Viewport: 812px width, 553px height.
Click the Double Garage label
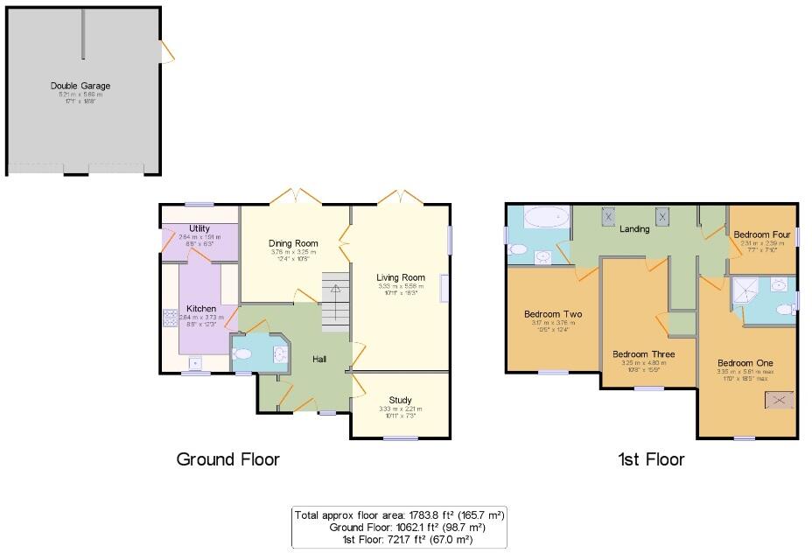click(80, 86)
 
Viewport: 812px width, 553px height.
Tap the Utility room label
click(199, 228)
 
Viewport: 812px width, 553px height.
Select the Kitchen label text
click(200, 308)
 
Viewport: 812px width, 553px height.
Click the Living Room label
click(401, 277)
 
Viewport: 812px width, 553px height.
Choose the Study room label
click(400, 400)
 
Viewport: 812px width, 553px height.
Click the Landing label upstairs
click(634, 229)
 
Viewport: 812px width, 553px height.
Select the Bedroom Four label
click(762, 234)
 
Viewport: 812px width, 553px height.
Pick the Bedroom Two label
click(553, 314)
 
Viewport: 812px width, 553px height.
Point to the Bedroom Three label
click(648, 354)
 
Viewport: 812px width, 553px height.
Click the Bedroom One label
click(745, 362)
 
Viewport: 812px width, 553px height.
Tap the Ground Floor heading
click(227, 458)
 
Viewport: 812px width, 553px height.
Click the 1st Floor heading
click(650, 458)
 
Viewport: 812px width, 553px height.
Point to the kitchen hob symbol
click(168, 317)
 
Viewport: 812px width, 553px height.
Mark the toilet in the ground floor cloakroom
click(242, 354)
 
